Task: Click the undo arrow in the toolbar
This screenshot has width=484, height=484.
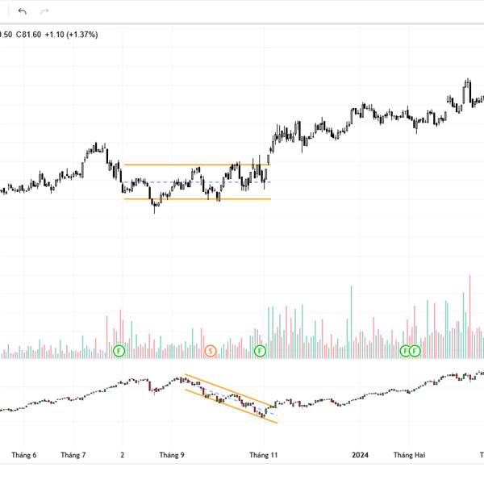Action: (22, 11)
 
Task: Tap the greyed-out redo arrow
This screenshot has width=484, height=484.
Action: (44, 11)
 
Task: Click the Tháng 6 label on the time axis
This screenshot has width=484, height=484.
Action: (23, 455)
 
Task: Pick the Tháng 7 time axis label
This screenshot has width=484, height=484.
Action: (73, 455)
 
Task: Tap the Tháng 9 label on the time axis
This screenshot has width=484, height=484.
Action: (171, 455)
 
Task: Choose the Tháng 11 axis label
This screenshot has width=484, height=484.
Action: (263, 455)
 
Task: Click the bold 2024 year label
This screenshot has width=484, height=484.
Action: (360, 455)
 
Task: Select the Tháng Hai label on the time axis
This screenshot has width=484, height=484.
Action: (409, 455)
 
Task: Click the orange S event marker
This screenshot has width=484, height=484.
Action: (211, 350)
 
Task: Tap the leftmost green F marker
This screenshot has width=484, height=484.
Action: (119, 350)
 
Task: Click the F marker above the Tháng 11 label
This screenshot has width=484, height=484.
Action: (260, 350)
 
